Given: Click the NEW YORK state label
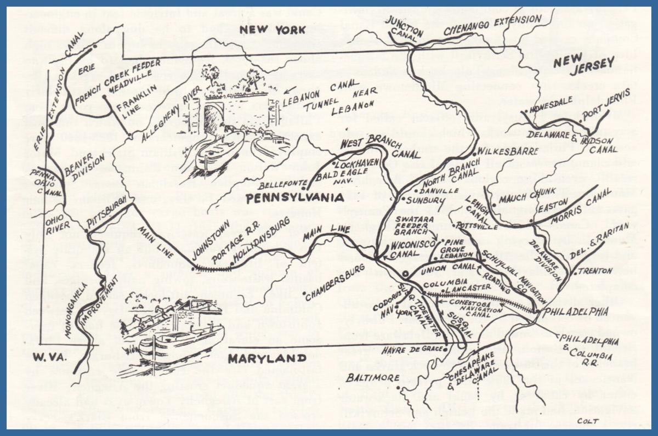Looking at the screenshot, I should click(268, 30).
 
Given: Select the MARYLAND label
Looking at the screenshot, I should click(268, 359).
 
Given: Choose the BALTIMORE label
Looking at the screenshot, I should click(373, 377).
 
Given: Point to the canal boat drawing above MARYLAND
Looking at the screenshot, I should click(178, 335).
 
